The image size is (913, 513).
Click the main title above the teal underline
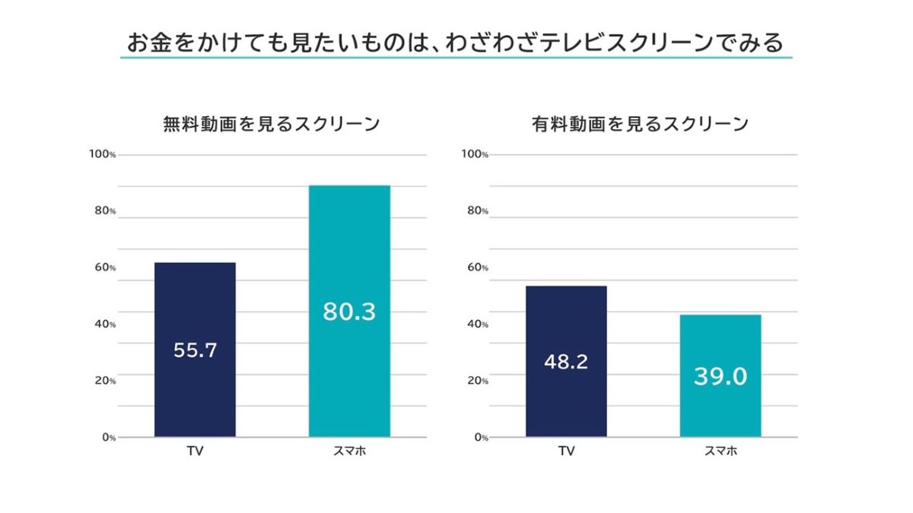[455, 43]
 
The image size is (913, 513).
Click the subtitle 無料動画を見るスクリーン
[272, 124]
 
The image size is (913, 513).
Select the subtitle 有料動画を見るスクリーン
[641, 124]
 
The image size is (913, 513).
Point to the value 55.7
[195, 350]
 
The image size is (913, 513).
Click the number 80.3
[349, 312]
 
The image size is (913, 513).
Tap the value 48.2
[566, 362]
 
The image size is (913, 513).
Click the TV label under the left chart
[195, 451]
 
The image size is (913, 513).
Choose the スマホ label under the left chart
[349, 451]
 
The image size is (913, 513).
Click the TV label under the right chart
[566, 451]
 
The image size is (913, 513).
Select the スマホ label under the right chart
[721, 451]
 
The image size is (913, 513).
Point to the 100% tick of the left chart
[103, 155]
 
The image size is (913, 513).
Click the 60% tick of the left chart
[105, 268]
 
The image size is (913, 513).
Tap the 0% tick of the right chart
[479, 438]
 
